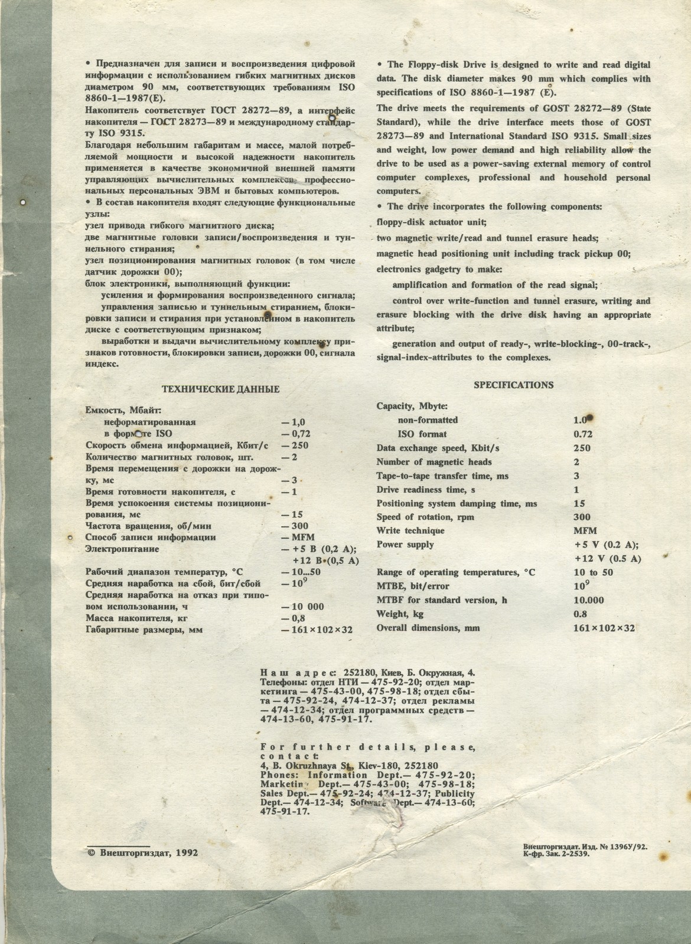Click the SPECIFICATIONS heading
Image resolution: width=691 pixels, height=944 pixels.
tap(513, 385)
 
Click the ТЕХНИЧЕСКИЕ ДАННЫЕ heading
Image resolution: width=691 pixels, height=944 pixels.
tap(220, 389)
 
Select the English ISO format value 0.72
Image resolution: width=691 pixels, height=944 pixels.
tap(583, 434)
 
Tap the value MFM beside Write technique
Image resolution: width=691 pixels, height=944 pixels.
tap(584, 531)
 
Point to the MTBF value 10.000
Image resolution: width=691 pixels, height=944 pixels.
tap(588, 600)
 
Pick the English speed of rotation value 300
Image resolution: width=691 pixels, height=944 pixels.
tap(582, 517)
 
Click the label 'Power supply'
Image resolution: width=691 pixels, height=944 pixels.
tap(405, 545)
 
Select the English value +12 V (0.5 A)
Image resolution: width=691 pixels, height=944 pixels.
tap(607, 558)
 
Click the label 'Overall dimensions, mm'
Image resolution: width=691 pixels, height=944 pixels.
tap(428, 628)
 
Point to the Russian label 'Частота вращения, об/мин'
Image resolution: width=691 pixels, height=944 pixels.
tap(149, 526)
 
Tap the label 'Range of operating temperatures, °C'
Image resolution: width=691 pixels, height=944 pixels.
tap(456, 572)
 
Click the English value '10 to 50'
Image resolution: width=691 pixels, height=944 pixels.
tap(593, 572)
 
